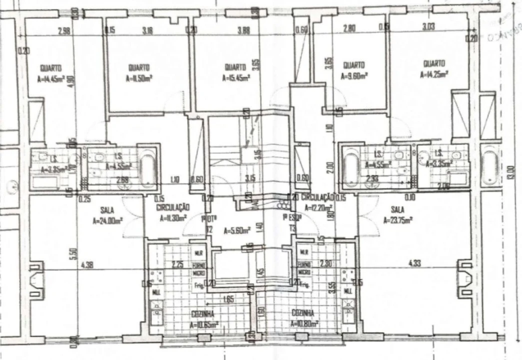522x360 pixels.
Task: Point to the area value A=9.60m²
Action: point(354,76)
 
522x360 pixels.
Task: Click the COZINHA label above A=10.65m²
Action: point(203,314)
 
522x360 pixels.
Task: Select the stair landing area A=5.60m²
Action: point(236,230)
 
